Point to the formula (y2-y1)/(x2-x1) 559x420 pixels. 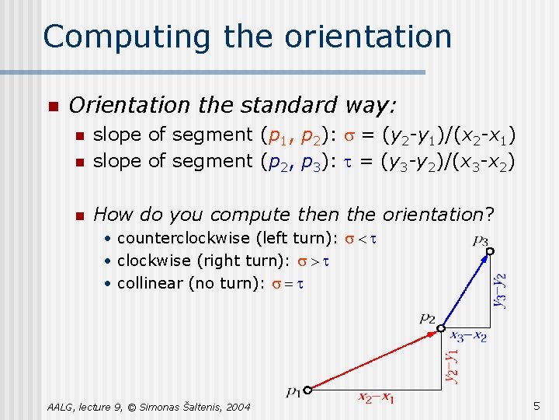coord(448,135)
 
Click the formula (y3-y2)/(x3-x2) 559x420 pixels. coord(447,161)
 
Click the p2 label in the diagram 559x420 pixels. coord(427,317)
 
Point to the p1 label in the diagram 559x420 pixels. coord(293,393)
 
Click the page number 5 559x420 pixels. coord(536,405)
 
